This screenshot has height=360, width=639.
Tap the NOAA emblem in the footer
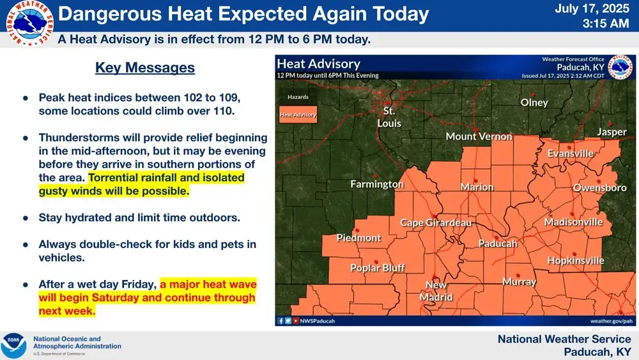(x=13, y=346)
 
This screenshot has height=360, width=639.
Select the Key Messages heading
(x=145, y=68)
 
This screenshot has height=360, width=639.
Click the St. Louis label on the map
(x=389, y=117)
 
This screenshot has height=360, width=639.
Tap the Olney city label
(x=534, y=102)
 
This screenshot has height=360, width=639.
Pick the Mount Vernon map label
(x=479, y=136)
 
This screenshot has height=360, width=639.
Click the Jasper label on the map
(x=612, y=132)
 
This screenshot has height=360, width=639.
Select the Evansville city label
(x=570, y=153)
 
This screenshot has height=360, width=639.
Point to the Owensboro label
(x=599, y=188)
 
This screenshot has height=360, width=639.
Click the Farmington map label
(x=377, y=184)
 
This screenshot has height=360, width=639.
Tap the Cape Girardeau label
(x=436, y=223)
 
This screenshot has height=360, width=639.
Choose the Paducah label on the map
(x=498, y=244)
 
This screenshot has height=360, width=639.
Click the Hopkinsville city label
(x=575, y=260)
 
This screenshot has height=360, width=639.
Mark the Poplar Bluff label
(x=378, y=268)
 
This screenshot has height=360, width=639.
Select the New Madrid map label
(x=436, y=291)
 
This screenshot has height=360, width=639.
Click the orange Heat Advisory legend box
(x=298, y=115)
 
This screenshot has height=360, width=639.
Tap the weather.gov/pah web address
(x=611, y=320)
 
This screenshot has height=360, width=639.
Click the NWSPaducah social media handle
(x=318, y=320)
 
